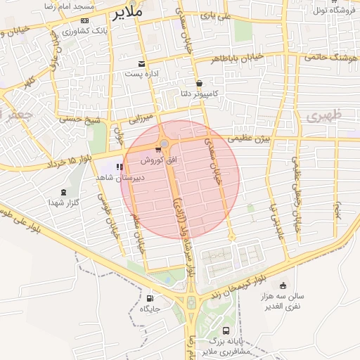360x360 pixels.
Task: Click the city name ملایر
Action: [x=128, y=12]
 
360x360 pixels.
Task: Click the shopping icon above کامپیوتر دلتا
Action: [x=199, y=82]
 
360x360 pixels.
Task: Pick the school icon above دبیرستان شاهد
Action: [x=119, y=167]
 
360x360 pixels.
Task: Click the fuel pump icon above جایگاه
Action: [x=149, y=297]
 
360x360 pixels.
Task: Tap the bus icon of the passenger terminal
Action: [x=226, y=330]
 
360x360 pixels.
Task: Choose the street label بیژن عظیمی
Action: [x=252, y=139]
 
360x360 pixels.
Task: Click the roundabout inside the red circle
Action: [x=165, y=144]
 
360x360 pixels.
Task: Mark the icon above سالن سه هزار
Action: [x=283, y=285]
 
